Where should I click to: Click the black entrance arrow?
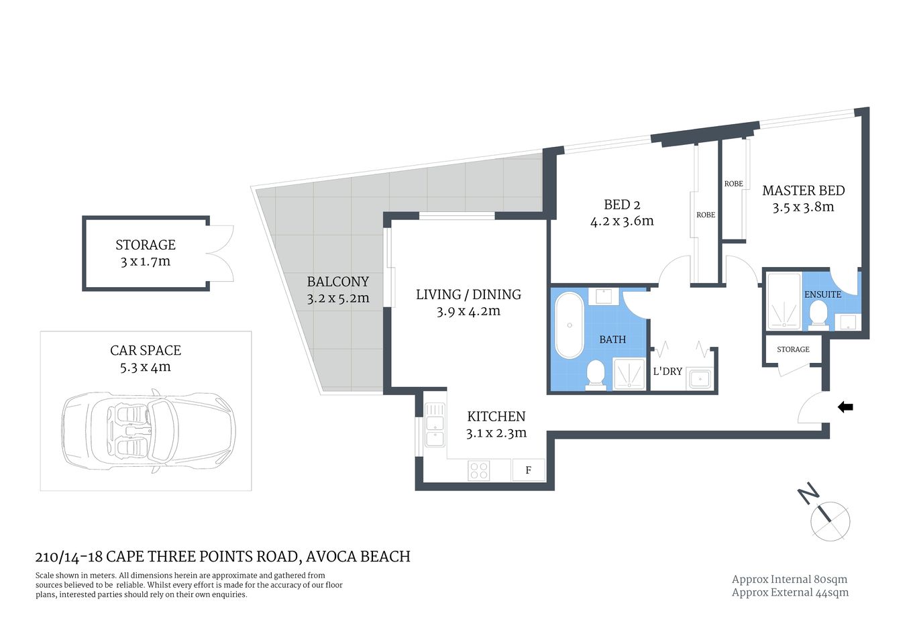845,407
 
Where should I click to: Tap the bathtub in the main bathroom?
570,325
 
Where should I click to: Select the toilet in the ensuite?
818,314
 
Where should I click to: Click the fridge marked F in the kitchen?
528,470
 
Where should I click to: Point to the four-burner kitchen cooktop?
479,470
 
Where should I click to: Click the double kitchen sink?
434,424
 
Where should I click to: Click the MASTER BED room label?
803,191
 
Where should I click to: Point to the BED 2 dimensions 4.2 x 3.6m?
622,221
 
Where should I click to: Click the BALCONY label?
338,282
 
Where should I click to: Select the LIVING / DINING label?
468,294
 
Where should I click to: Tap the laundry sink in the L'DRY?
699,379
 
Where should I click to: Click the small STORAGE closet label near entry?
793,350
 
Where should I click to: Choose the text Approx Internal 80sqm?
790,579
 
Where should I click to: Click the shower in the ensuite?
784,301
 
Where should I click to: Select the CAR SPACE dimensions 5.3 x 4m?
146,367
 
